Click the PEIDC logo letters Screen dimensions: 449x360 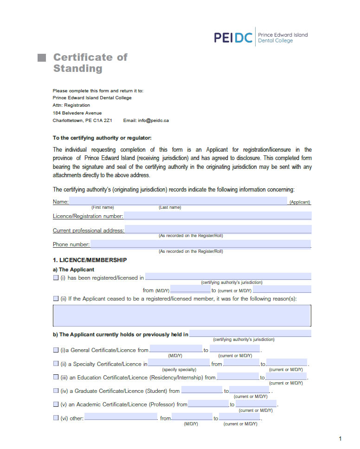[233, 38]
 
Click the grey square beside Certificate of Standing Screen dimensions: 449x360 [42, 58]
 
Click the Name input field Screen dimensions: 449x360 [178, 201]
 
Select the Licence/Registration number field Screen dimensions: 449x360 [217, 216]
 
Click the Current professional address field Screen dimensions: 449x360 [218, 230]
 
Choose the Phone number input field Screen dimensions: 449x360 [200, 244]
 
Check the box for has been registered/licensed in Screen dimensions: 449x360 [56, 278]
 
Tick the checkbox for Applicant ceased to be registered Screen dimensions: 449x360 [56, 299]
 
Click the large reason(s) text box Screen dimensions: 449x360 [182, 316]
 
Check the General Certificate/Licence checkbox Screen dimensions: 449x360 [56, 350]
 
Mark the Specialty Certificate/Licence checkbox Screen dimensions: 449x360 [56, 364]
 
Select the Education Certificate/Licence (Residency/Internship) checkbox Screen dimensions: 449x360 [56, 377]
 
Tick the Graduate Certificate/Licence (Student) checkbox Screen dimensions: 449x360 [56, 391]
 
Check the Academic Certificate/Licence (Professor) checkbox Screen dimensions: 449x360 [56, 404]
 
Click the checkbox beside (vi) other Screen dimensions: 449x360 [56, 418]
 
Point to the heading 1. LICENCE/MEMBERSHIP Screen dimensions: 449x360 [90, 260]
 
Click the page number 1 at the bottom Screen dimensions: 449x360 [340, 439]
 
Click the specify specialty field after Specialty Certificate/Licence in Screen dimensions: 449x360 [179, 363]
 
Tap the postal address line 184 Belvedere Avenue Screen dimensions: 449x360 [77, 113]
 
